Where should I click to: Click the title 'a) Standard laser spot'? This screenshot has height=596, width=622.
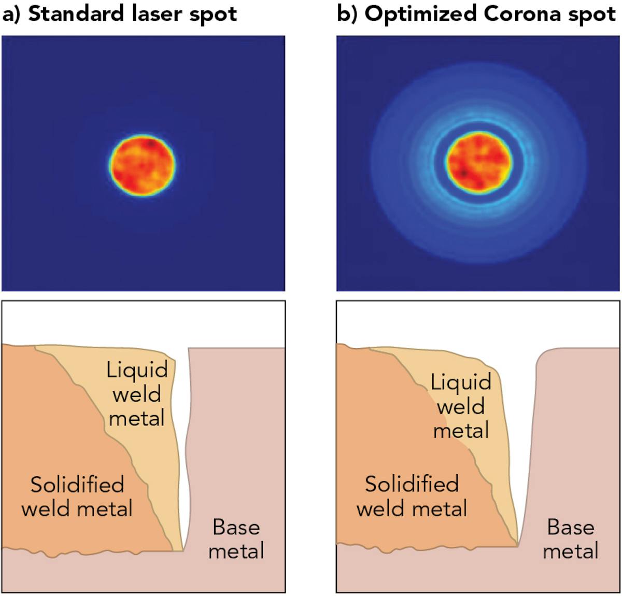[119, 14]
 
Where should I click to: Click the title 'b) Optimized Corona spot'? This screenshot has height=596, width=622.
[476, 14]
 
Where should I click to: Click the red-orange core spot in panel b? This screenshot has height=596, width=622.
[478, 163]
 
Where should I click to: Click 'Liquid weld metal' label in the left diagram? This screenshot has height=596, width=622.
[137, 394]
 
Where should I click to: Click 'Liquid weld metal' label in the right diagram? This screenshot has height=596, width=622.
[461, 406]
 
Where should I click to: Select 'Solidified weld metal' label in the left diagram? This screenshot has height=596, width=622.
[77, 496]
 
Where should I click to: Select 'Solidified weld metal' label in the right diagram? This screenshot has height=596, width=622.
[412, 496]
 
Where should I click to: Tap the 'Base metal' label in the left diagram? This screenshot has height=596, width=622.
[236, 539]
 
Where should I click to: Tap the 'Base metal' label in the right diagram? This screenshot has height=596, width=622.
[571, 539]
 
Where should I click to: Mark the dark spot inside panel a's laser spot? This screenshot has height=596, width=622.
[150, 143]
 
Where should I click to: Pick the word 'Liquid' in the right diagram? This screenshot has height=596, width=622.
[461, 382]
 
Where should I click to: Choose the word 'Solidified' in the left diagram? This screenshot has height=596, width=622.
[77, 485]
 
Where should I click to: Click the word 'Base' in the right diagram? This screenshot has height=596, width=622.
[571, 527]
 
